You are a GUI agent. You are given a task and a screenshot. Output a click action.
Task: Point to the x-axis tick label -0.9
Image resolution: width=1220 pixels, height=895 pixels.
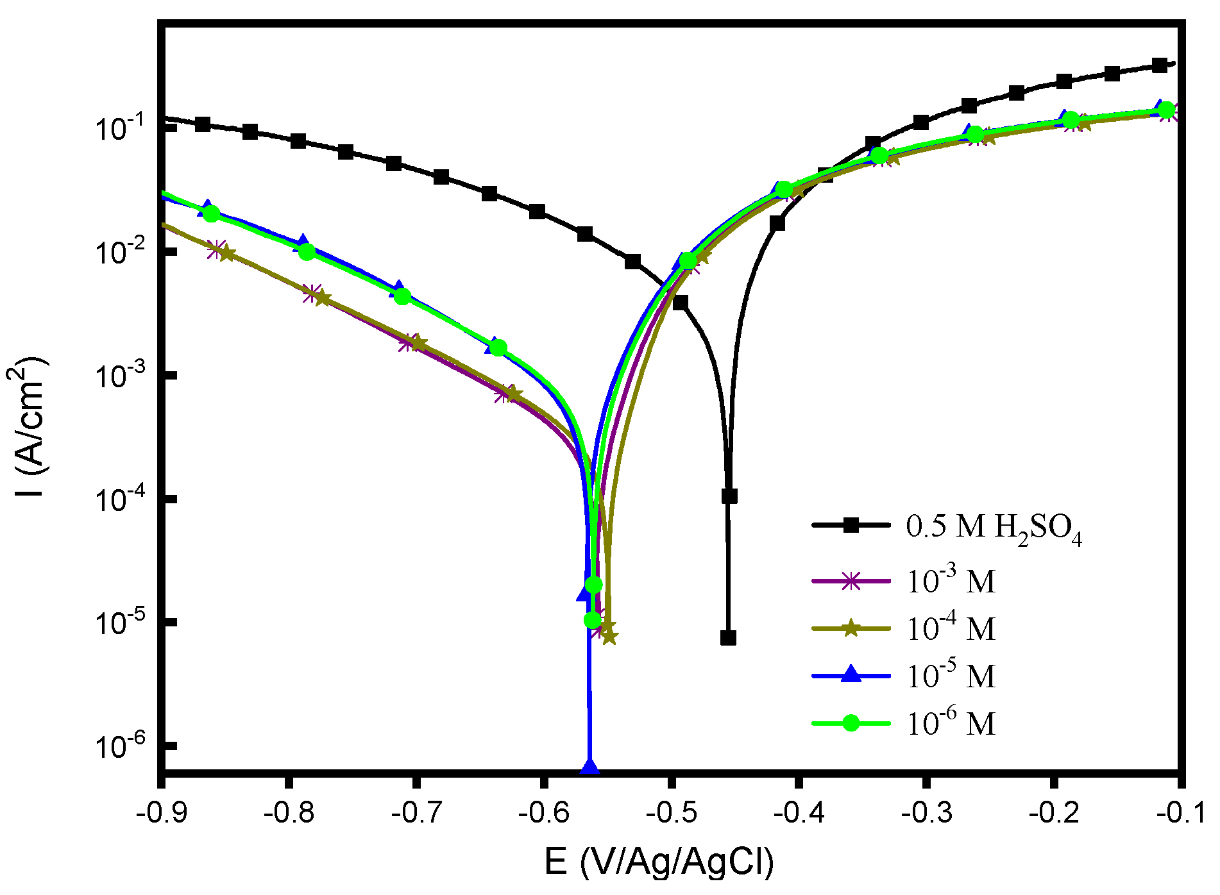pyautogui.click(x=161, y=814)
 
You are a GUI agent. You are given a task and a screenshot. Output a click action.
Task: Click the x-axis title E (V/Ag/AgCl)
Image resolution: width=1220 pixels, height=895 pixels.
pyautogui.click(x=659, y=862)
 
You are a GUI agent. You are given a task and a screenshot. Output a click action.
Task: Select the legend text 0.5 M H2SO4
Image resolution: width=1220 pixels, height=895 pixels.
pyautogui.click(x=994, y=528)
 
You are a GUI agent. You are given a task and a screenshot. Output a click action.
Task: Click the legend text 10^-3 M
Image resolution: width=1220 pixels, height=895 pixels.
pyautogui.click(x=950, y=580)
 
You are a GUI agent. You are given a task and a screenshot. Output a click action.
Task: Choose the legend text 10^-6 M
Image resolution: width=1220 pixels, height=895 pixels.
pyautogui.click(x=950, y=723)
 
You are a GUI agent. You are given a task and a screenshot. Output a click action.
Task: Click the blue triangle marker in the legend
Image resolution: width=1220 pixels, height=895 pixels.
pyautogui.click(x=851, y=675)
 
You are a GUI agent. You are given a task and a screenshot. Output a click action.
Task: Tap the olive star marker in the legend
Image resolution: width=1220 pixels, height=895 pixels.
pyautogui.click(x=851, y=628)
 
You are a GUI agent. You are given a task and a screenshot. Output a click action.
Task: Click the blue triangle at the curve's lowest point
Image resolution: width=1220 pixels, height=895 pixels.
pyautogui.click(x=589, y=765)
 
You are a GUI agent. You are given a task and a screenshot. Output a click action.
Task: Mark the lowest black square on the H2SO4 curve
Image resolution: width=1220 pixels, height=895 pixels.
pyautogui.click(x=728, y=638)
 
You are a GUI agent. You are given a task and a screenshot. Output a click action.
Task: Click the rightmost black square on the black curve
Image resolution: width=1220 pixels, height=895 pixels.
pyautogui.click(x=1159, y=65)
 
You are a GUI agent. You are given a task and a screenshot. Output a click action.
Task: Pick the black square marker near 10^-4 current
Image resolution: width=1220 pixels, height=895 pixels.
pyautogui.click(x=729, y=496)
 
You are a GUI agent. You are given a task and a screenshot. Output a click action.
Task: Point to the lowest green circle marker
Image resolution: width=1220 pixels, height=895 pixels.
pyautogui.click(x=593, y=620)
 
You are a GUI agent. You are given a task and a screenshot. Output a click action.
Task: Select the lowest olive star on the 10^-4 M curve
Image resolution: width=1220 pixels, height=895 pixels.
pyautogui.click(x=609, y=637)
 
